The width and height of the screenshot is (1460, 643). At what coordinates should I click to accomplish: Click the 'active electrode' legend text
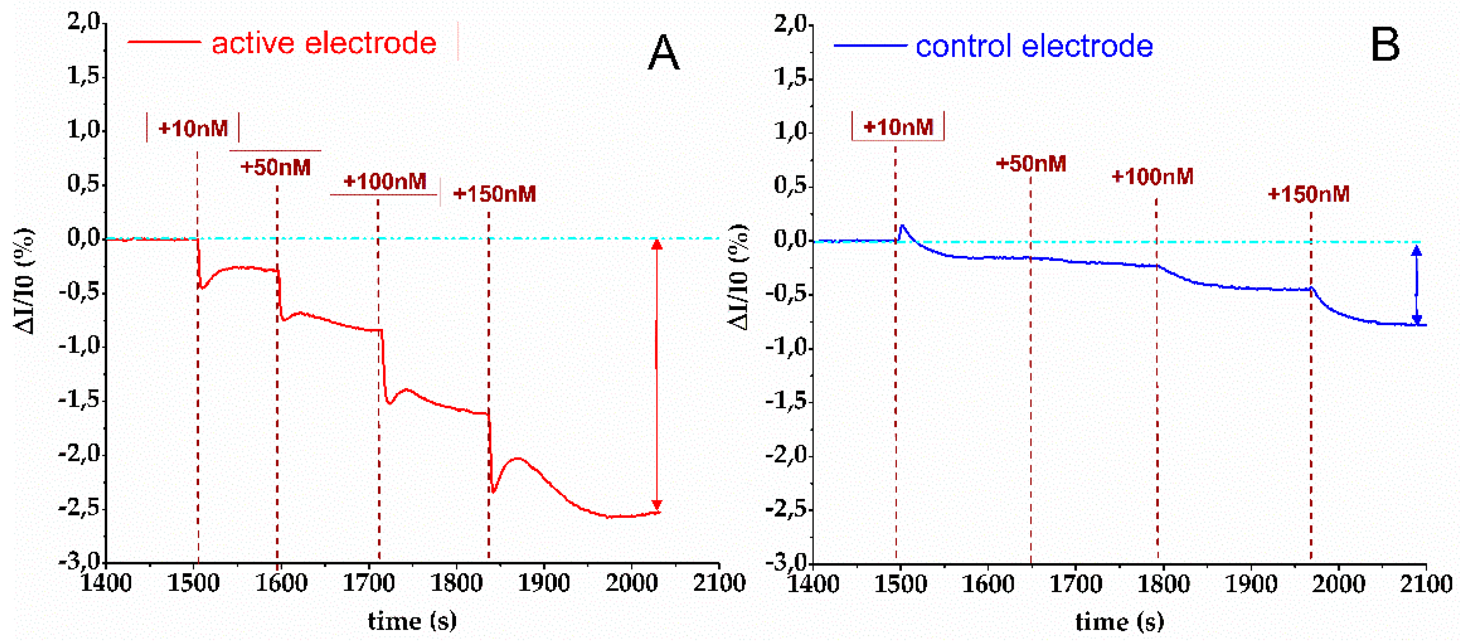pos(323,43)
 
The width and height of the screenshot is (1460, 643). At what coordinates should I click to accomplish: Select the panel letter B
pos(1385,45)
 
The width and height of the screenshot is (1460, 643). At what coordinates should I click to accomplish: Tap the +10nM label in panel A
pos(193,128)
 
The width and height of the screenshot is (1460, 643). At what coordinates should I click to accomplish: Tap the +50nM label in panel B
pos(1030,164)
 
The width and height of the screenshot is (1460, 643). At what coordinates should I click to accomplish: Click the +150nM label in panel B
pos(1308,194)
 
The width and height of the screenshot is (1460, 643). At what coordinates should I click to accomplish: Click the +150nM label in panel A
pos(494,194)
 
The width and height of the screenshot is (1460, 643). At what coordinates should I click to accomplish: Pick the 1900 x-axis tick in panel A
pos(543,583)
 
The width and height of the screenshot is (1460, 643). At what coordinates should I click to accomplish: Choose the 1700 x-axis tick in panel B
pos(1075,584)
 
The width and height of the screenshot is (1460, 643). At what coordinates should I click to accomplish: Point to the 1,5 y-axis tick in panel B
pos(790,77)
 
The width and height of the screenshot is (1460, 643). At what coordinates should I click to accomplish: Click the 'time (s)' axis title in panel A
pos(412,621)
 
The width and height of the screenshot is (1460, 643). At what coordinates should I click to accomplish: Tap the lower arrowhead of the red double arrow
pos(657,505)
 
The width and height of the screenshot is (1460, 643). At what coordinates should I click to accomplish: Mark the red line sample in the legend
pos(164,42)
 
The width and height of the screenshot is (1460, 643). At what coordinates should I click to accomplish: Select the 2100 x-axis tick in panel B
pos(1425,584)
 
